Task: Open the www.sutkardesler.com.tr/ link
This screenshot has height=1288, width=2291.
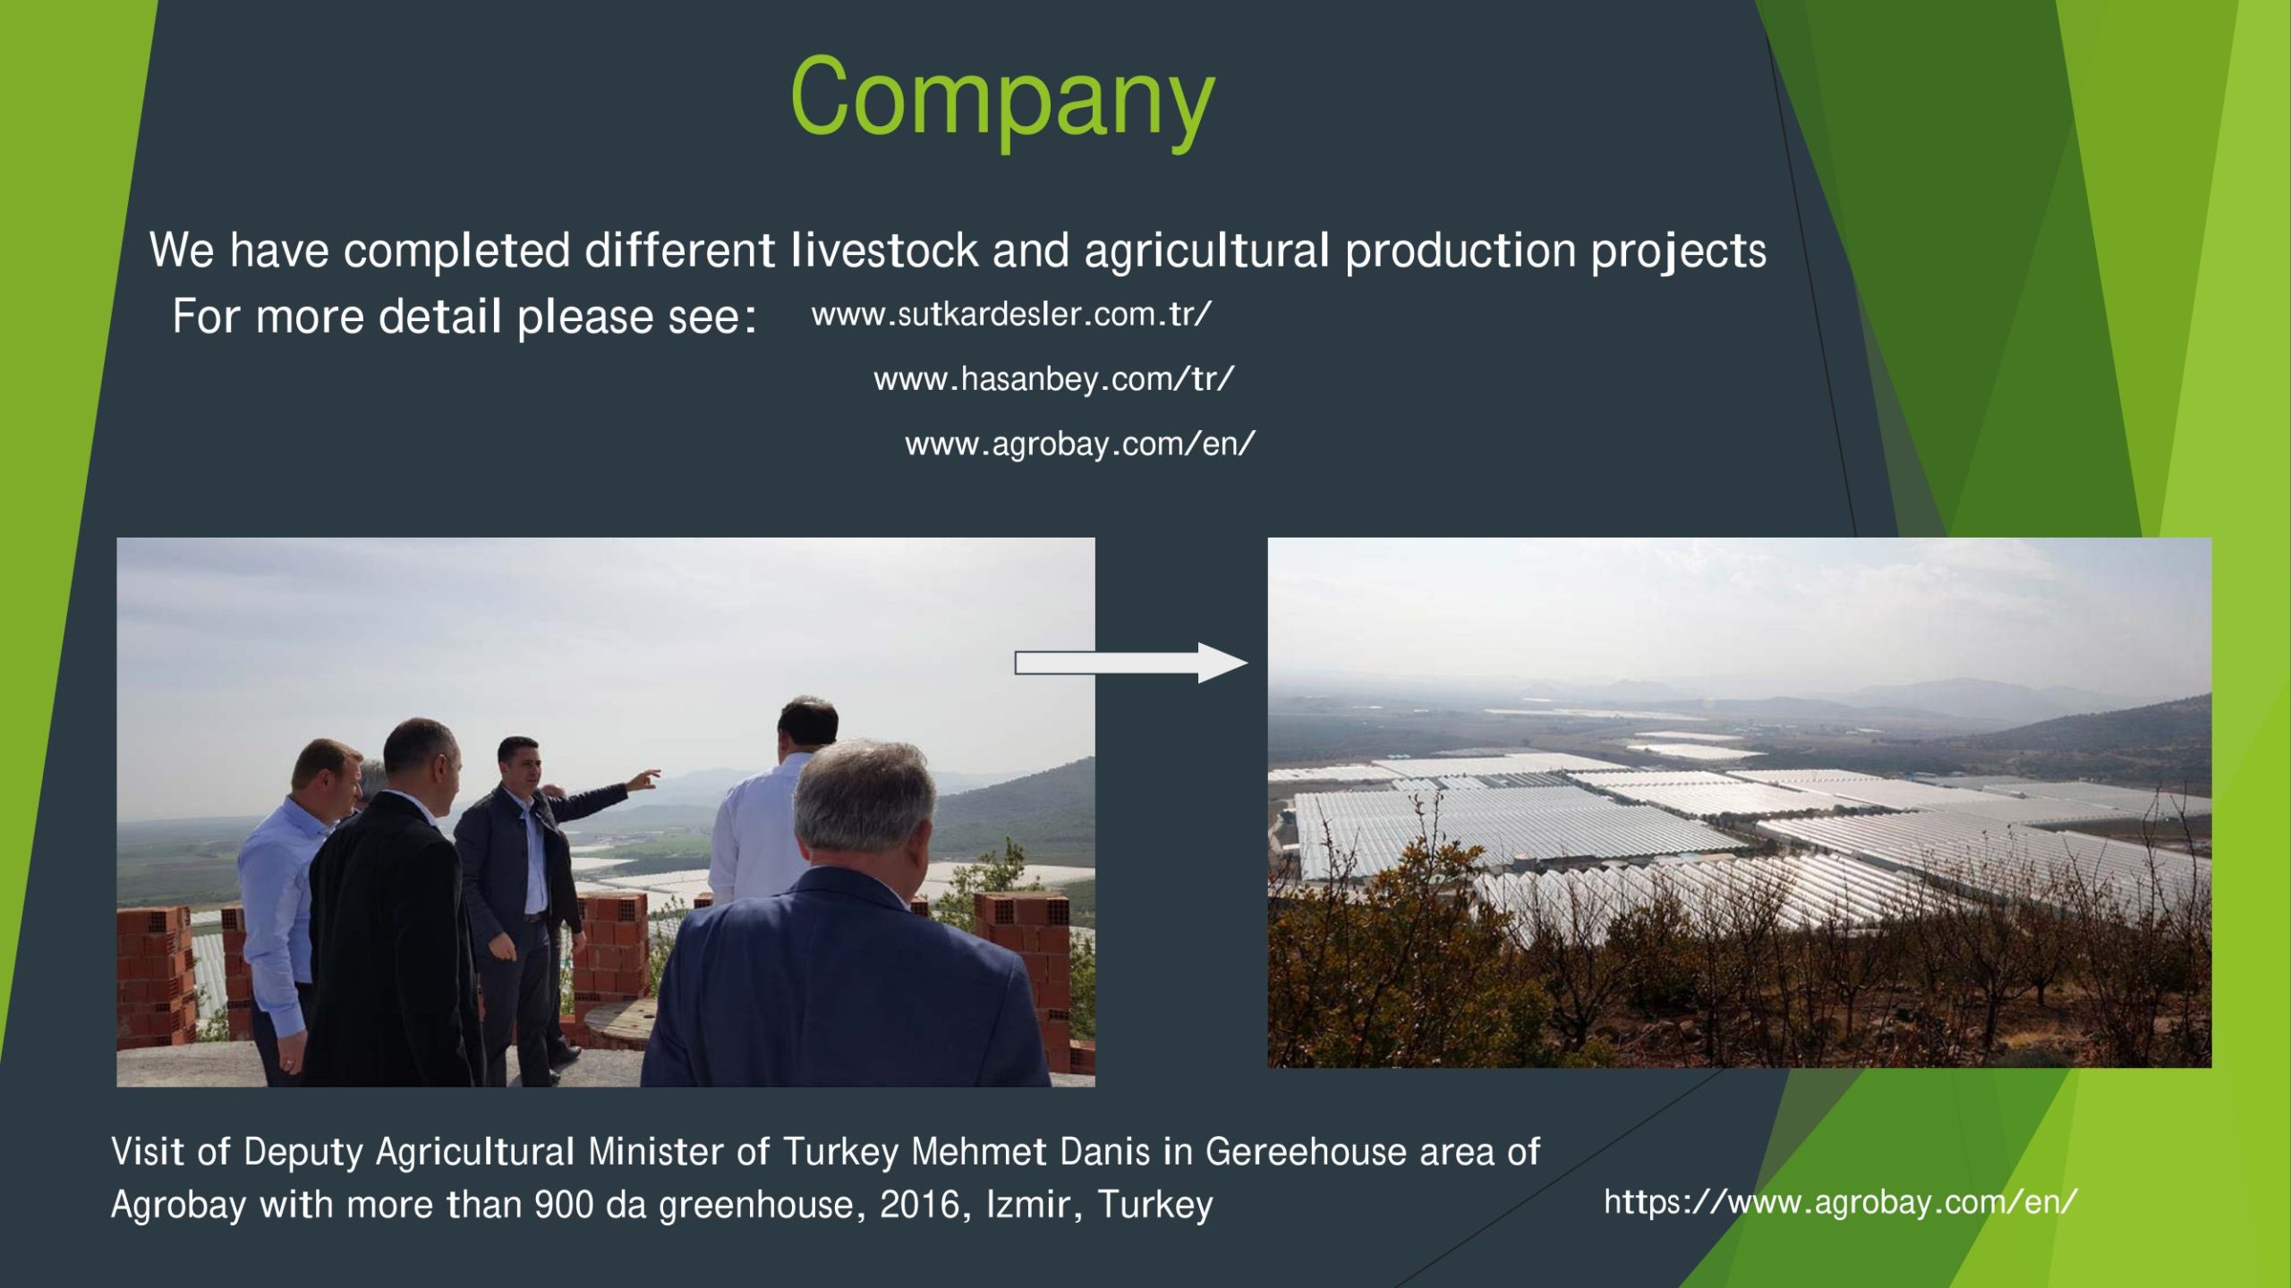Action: (1011, 314)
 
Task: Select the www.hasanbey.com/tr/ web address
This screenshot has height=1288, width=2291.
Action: (1054, 379)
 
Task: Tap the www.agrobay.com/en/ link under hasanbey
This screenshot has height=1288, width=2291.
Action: (1080, 444)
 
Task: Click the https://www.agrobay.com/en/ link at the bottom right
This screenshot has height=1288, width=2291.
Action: (1840, 1201)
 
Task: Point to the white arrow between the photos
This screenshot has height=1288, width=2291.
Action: (1131, 663)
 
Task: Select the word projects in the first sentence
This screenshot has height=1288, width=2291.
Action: (1678, 253)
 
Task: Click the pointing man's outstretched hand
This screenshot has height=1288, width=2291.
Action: (643, 781)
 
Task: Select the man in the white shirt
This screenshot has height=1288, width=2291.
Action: (775, 805)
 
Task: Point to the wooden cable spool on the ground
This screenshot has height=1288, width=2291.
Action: (626, 1024)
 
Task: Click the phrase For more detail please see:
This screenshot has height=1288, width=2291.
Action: (464, 317)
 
